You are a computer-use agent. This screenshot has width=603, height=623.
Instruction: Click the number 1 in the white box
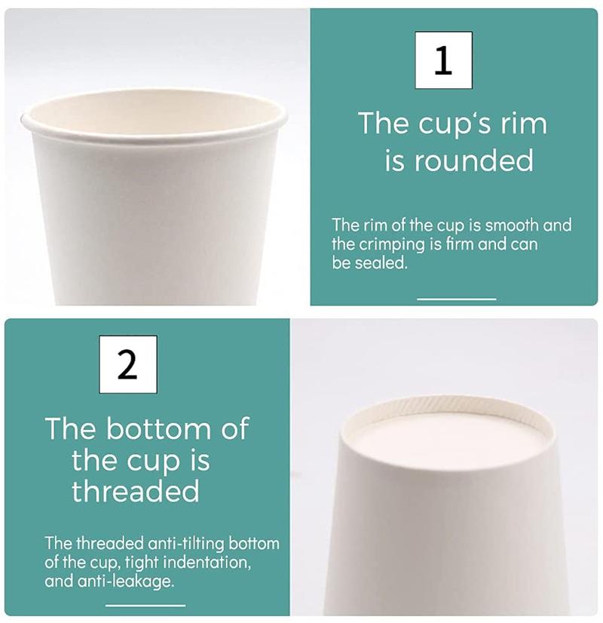point(443,60)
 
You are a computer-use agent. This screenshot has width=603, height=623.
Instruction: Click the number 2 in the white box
point(127,364)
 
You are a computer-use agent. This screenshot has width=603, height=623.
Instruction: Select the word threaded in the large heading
point(135,491)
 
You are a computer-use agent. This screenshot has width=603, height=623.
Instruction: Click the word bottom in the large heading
point(158,428)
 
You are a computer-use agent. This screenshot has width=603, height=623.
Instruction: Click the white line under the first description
point(456,299)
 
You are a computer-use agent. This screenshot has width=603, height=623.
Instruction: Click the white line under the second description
point(145,606)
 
